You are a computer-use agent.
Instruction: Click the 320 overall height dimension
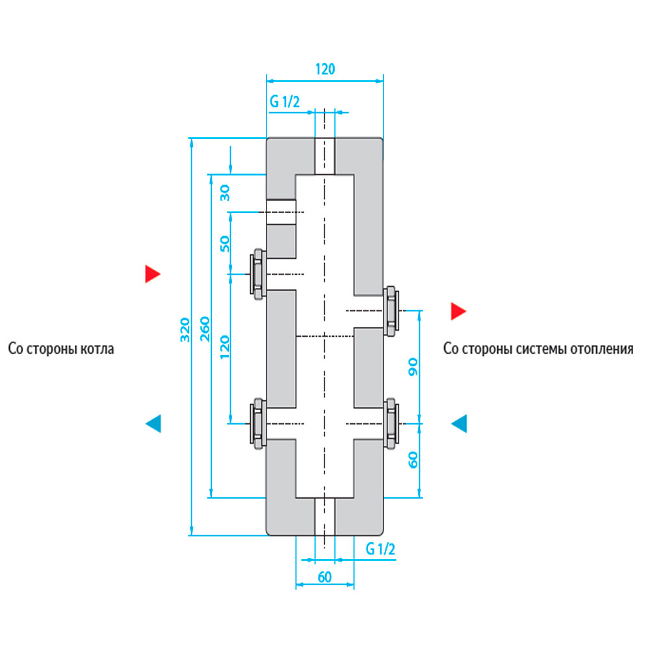185,330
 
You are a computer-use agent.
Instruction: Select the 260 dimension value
205,329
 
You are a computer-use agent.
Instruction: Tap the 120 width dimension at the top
325,69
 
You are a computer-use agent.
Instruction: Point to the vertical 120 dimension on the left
225,347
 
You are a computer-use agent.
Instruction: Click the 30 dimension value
225,193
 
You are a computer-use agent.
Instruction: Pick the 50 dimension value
225,244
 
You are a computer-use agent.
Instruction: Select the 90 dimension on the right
413,367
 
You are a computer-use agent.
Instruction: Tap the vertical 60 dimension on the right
413,460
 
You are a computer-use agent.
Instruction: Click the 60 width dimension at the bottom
324,577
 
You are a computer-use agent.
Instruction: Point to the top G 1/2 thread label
285,101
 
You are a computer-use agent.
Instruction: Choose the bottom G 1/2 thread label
380,549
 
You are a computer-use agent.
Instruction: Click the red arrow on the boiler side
153,274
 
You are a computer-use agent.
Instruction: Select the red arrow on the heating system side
458,311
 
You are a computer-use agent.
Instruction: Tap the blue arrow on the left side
153,424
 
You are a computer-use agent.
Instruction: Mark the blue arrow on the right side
459,424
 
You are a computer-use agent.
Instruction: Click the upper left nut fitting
258,274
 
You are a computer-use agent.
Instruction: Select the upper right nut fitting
391,311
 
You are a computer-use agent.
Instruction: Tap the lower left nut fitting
258,424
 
